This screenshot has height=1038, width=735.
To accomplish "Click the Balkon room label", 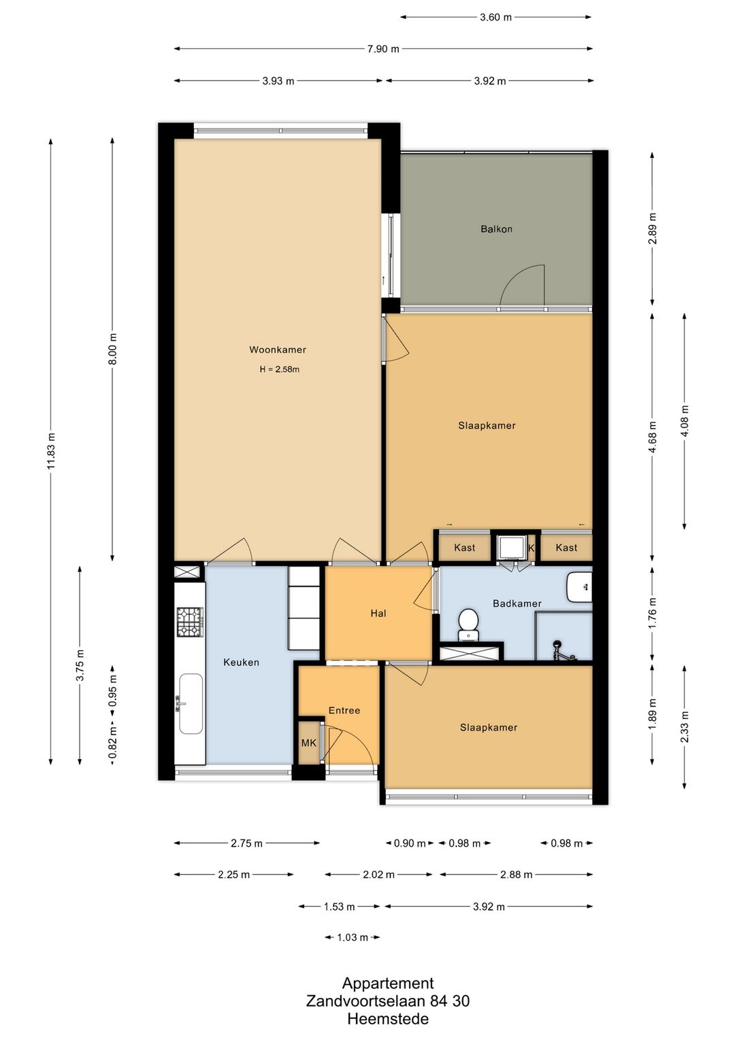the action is click(496, 229).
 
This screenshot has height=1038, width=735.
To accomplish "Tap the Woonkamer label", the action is click(278, 350).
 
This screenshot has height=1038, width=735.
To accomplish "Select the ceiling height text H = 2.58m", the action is click(279, 369).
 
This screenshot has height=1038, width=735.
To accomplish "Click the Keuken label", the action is click(241, 663).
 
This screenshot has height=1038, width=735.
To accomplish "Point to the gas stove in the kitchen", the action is click(190, 622).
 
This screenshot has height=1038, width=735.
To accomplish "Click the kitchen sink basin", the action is click(191, 704).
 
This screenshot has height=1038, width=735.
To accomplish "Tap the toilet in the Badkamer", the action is click(468, 625).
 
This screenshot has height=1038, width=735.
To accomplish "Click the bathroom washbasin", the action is click(579, 586).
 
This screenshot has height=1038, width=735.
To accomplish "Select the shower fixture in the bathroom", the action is click(563, 650).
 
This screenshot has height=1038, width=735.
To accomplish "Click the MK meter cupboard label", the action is click(309, 743).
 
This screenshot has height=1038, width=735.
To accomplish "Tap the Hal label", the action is click(378, 614).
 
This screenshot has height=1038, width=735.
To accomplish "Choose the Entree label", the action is click(344, 710).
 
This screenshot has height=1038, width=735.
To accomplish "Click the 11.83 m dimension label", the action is click(51, 451).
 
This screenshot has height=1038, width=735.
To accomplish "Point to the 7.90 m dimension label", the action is click(384, 49).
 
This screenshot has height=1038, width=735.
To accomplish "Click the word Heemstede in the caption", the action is click(388, 1019).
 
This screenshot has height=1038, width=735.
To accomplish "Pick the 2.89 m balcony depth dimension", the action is click(653, 229).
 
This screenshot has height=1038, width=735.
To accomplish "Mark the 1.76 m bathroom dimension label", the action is click(653, 613).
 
